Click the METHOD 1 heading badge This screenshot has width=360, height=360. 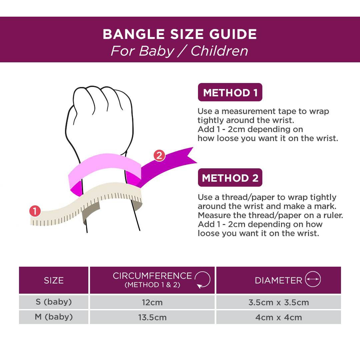click(x=230, y=92)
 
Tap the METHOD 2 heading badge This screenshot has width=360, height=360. click(x=230, y=178)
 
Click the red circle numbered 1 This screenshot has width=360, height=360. click(x=35, y=211)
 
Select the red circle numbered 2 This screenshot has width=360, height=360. click(x=159, y=155)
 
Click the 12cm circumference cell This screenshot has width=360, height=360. click(x=152, y=302)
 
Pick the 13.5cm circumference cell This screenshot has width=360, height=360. click(x=152, y=317)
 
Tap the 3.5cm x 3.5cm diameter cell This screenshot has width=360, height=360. click(x=278, y=302)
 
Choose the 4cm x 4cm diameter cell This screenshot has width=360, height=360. click(x=278, y=317)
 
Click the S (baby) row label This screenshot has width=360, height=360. click(x=54, y=302)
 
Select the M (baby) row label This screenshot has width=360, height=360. click(x=54, y=317)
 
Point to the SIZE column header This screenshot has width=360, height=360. click(x=54, y=280)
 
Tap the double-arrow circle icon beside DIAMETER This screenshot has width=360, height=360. click(x=313, y=279)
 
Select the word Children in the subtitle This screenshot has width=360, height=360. click(x=219, y=51)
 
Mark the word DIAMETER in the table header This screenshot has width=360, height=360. click(x=278, y=280)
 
